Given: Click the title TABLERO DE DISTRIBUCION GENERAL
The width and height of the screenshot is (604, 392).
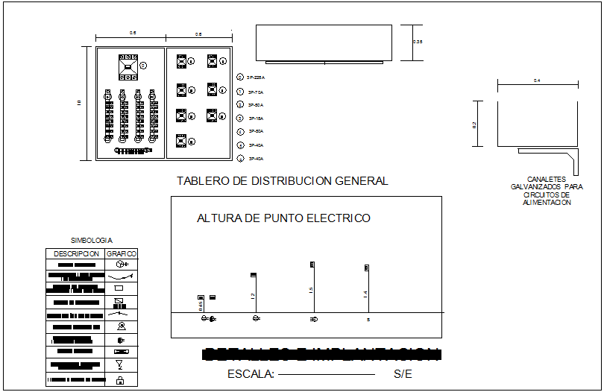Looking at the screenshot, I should pyautogui.click(x=282, y=181).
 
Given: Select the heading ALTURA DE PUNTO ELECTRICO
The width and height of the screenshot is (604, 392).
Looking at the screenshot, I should pyautogui.click(x=283, y=218).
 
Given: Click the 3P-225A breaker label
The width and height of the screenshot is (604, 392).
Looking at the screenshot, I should pyautogui.click(x=257, y=78).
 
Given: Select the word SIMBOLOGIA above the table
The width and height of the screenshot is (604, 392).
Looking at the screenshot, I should pyautogui.click(x=91, y=241).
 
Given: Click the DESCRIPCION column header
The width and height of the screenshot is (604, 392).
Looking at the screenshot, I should pyautogui.click(x=76, y=253).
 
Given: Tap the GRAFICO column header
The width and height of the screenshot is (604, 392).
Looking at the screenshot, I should pyautogui.click(x=121, y=253).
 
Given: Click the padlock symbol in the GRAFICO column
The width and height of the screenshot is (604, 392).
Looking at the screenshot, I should pyautogui.click(x=120, y=380).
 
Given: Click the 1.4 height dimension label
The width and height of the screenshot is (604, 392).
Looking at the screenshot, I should pyautogui.click(x=365, y=294).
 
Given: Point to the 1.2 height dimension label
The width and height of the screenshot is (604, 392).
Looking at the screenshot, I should pyautogui.click(x=253, y=297).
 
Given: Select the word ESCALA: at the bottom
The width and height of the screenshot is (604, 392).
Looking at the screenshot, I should pyautogui.click(x=251, y=374).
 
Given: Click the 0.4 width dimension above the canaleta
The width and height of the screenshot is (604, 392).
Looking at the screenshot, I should pyautogui.click(x=537, y=80).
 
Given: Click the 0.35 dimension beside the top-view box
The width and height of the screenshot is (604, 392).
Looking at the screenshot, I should pyautogui.click(x=418, y=42).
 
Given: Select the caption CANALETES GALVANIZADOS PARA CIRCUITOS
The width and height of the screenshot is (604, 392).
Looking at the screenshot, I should pyautogui.click(x=546, y=191).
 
